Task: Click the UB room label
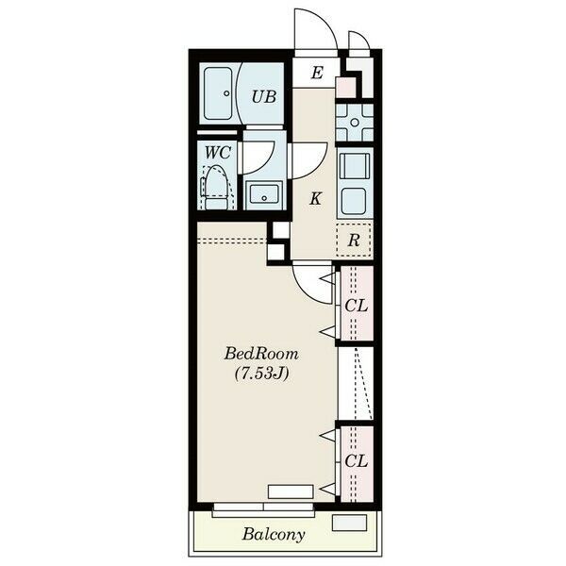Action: pos(264,97)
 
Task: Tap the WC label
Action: pos(218,153)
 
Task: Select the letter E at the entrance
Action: pos(317,73)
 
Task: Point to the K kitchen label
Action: pos(315,198)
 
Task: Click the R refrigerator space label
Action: pos(354,241)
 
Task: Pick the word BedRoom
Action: pos(261,354)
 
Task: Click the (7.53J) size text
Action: pos(262,374)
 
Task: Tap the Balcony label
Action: pos(274,534)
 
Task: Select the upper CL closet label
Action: pos(356,306)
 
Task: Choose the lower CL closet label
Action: pos(356,461)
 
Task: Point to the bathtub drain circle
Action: pos(226,93)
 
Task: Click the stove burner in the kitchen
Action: pos(355,123)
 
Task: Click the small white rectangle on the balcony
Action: pos(349,523)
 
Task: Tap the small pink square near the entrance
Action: pos(345,87)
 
